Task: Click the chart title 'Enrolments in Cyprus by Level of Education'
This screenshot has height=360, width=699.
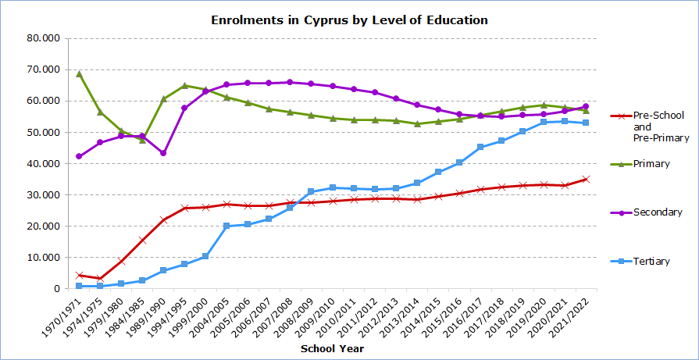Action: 350,20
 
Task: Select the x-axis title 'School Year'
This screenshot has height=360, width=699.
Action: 332,348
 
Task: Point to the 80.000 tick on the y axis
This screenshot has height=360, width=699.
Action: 44,38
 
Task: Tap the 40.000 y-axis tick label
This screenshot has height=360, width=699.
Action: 44,163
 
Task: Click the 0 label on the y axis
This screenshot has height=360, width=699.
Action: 57,289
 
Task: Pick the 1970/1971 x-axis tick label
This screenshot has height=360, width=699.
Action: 63,313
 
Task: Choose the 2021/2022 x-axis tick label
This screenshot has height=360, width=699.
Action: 571,313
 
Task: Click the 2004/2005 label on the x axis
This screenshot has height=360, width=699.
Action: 212,313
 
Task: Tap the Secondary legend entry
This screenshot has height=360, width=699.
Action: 647,212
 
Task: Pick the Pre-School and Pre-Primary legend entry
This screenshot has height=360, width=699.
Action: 650,127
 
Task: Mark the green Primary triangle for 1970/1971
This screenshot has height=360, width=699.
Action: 79,74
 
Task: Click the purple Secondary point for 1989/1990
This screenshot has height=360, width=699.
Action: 163,153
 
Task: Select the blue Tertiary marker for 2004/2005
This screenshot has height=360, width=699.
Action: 226,226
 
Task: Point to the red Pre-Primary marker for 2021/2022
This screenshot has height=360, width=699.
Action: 586,179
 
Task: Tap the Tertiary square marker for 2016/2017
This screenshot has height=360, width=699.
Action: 480,147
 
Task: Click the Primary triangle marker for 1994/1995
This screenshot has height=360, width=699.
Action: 184,85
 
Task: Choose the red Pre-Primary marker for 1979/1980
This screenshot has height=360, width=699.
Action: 121,261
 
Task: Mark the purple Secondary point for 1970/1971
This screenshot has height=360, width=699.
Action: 79,156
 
